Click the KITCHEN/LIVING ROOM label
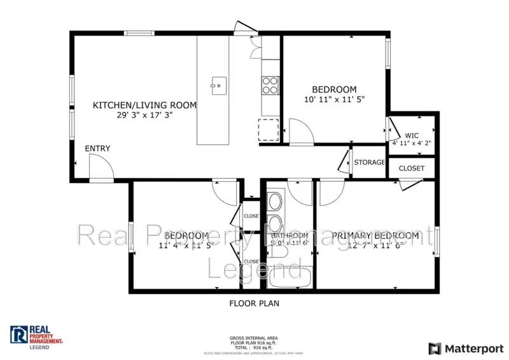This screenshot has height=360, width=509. tap(144, 105)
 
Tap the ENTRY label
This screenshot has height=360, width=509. tap(97, 149)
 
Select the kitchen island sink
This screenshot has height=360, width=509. tap(218, 83)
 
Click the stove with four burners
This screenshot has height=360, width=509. tap(270, 85)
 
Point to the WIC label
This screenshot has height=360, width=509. tap(412, 135)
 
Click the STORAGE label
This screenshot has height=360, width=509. tap(369, 162)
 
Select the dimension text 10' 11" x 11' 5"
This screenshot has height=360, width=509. tap(333, 100)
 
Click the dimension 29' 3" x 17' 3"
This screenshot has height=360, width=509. tap(144, 115)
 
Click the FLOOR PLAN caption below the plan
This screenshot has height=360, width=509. tap(254, 303)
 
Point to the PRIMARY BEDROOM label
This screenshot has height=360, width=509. tap(375, 236)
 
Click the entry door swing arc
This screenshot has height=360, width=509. tap(102, 169)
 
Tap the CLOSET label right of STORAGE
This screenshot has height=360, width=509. tap(411, 168)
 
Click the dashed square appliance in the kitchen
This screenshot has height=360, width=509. tap(268, 130)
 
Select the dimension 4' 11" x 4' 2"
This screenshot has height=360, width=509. tap(412, 143)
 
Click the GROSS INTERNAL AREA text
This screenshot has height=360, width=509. tap(254, 338)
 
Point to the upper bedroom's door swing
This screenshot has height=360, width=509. tap(300, 134)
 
